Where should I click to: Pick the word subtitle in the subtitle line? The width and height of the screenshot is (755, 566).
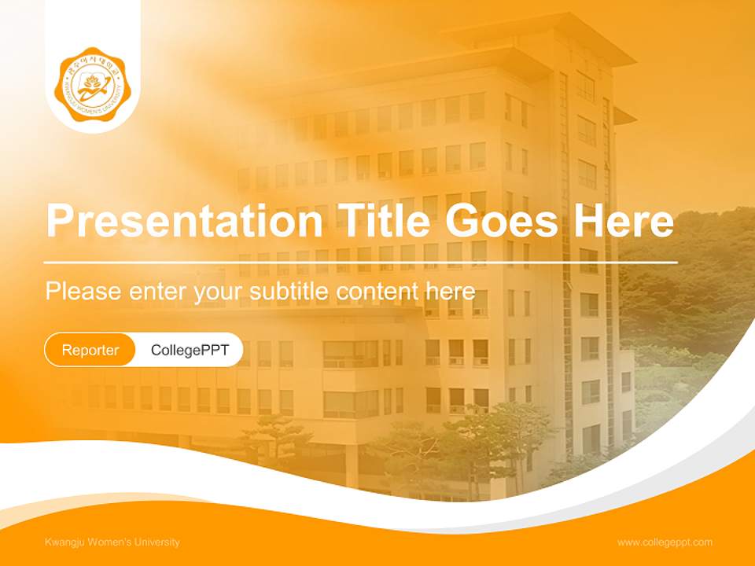289,291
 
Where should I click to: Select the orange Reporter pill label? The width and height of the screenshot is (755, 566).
90,350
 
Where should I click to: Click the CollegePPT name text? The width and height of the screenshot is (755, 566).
190,350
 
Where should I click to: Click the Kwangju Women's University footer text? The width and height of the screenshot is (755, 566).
112,542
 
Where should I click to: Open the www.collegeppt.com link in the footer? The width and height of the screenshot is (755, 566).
665,542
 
